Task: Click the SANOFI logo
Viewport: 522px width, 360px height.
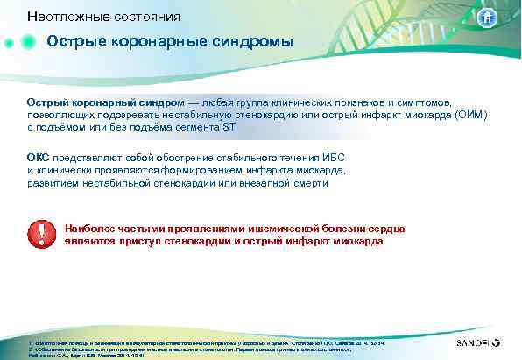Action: tap(477, 344)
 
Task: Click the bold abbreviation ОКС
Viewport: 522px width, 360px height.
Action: tap(38, 157)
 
